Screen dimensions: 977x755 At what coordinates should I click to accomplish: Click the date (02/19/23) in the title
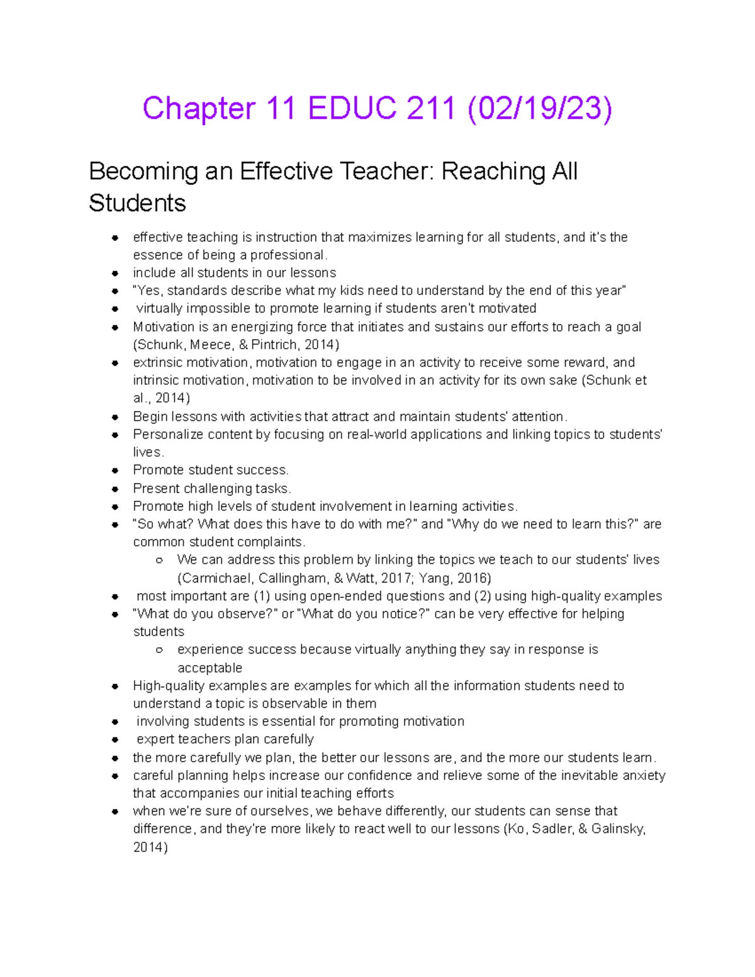point(539,108)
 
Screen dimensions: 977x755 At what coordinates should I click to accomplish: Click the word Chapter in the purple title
point(199,108)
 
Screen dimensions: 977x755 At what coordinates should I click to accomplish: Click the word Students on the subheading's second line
point(137,203)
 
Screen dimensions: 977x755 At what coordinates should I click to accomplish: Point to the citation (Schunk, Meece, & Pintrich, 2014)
point(236,345)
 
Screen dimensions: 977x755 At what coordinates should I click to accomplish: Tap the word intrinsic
point(157,381)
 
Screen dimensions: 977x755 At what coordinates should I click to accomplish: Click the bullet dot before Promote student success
point(115,471)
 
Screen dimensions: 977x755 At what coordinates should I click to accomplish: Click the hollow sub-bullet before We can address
point(160,560)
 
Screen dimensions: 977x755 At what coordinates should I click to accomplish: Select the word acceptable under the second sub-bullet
point(210,668)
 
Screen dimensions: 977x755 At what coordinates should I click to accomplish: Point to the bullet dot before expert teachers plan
point(115,740)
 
